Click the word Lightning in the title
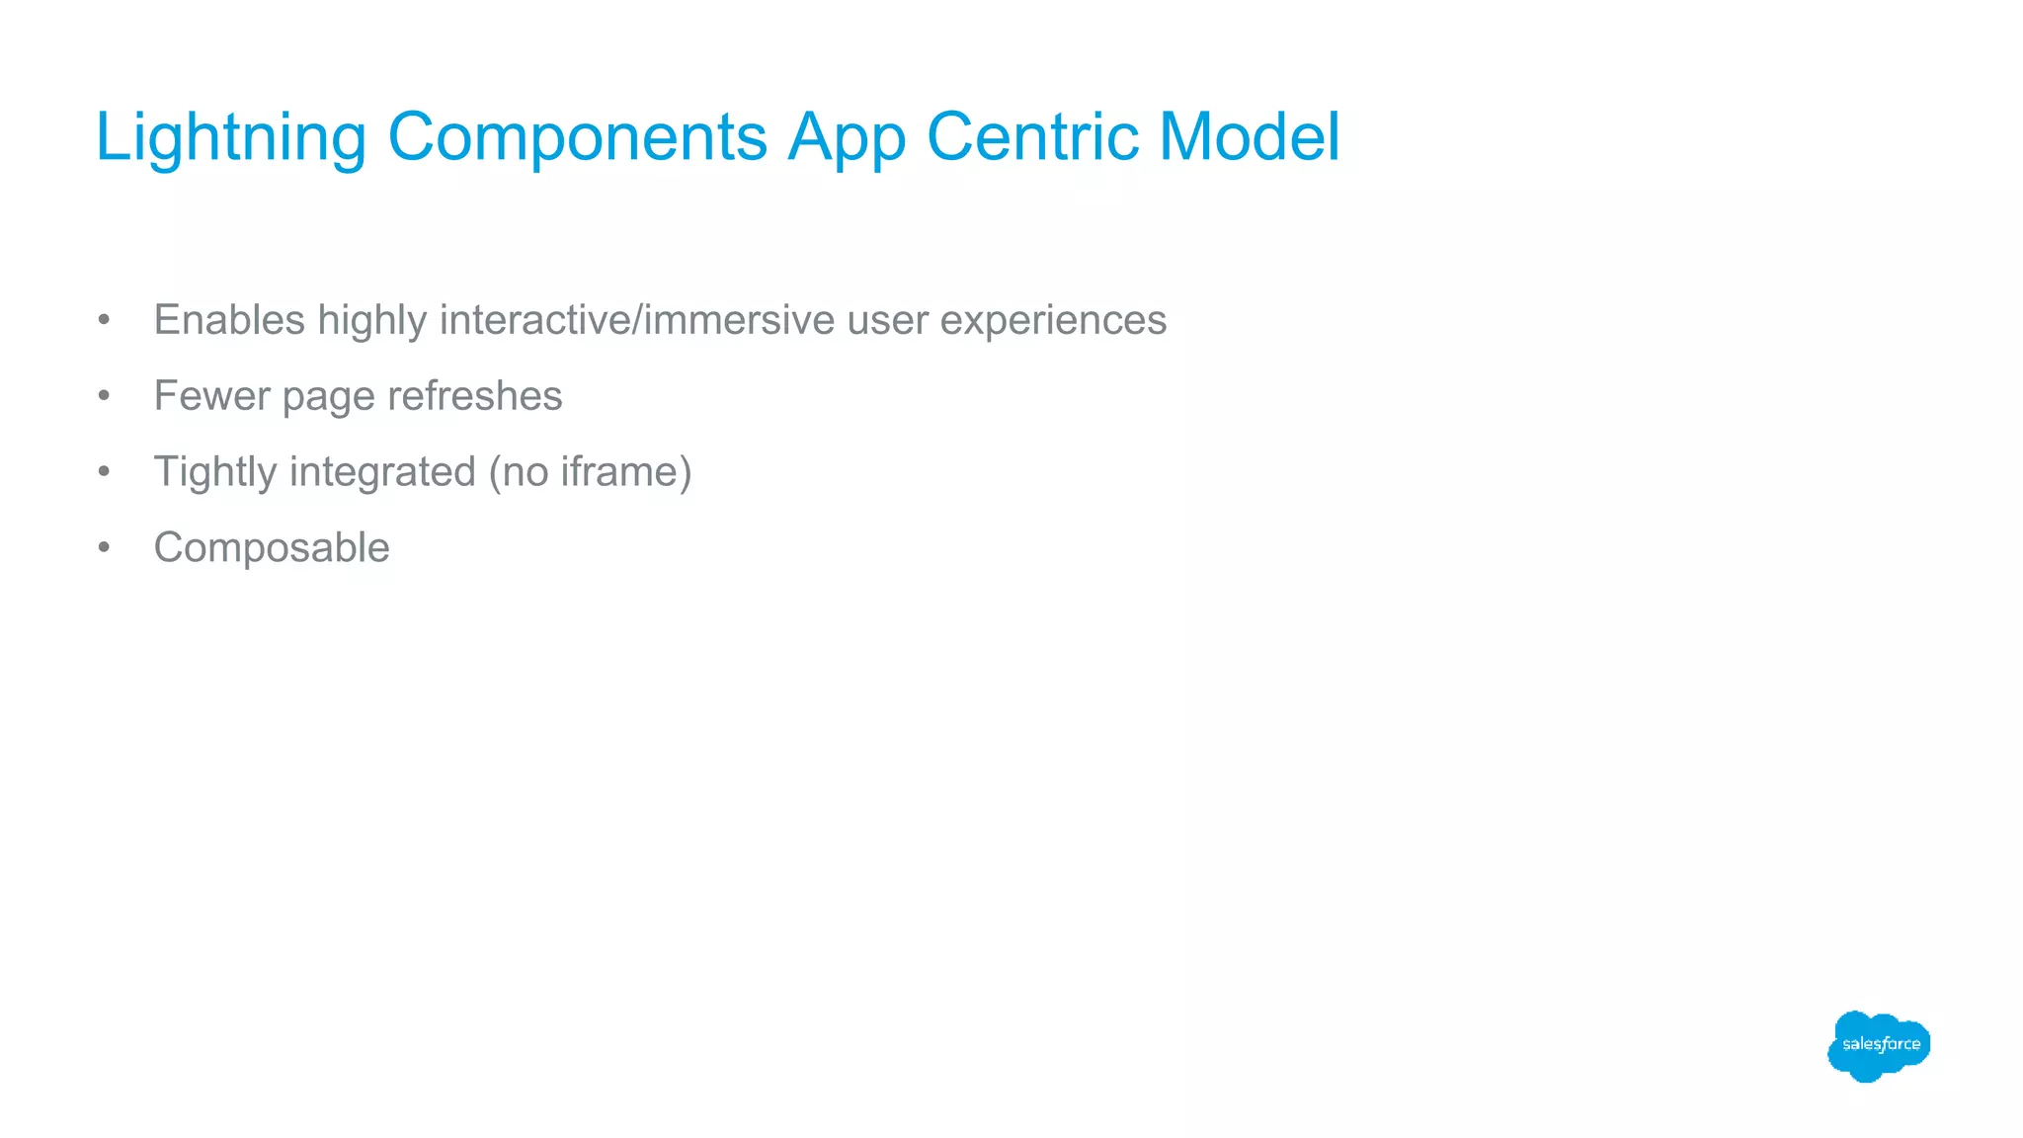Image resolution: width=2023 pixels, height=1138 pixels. click(x=230, y=138)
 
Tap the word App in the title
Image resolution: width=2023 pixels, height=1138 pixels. click(x=846, y=138)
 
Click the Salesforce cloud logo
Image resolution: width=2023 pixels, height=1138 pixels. click(x=1879, y=1045)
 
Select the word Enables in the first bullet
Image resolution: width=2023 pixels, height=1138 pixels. click(x=229, y=320)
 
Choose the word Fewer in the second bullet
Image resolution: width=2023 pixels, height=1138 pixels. click(x=211, y=396)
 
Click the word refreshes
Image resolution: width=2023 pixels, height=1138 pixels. click(x=474, y=396)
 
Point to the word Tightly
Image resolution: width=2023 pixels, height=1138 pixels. click(x=214, y=473)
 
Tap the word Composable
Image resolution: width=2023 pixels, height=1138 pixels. click(x=272, y=548)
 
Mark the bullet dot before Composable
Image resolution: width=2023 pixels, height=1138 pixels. click(x=104, y=548)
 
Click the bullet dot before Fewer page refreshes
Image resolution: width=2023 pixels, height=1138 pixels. click(x=104, y=396)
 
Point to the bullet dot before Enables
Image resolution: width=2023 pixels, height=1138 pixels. click(x=104, y=320)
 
